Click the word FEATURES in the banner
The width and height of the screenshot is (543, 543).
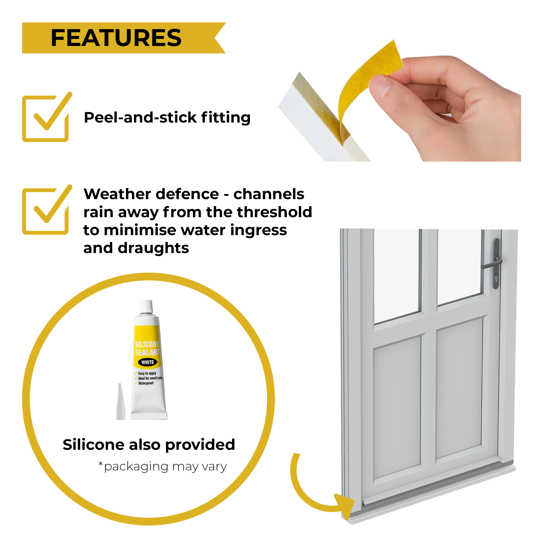pyautogui.click(x=116, y=38)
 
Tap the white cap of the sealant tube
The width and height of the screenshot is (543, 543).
pyautogui.click(x=146, y=306)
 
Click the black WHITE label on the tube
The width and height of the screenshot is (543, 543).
pyautogui.click(x=148, y=362)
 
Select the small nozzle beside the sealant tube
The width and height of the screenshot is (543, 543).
pyautogui.click(x=121, y=402)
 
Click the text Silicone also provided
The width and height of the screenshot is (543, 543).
pyautogui.click(x=149, y=445)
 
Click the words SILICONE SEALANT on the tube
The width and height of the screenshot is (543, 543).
pyautogui.click(x=147, y=348)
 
